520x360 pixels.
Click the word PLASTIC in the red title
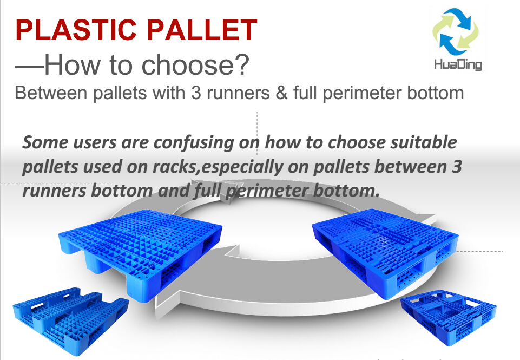point(76,30)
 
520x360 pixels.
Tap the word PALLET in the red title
point(201,30)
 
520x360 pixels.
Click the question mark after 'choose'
point(243,64)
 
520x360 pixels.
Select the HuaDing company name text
point(458,64)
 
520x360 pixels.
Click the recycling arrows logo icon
point(456,32)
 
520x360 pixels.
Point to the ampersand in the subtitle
point(281,93)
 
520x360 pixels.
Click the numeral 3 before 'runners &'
point(196,93)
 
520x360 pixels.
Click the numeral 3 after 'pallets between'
point(457,166)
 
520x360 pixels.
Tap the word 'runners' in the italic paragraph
point(55,191)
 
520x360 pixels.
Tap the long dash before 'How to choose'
point(29,67)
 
